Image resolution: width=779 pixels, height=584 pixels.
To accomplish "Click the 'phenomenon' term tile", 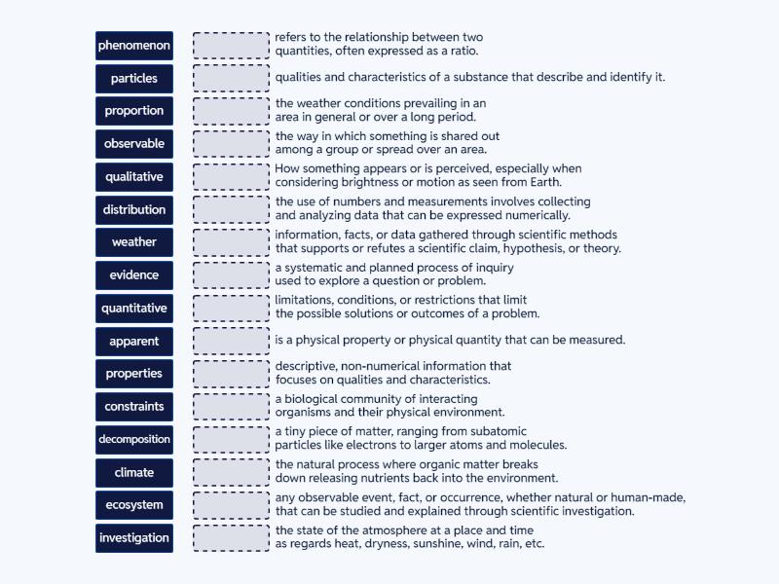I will (x=134, y=46).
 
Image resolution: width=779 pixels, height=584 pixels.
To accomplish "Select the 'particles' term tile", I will (x=134, y=79).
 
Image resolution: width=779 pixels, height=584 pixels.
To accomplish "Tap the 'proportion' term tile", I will (x=134, y=111).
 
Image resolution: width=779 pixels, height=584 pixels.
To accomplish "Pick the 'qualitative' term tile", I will (x=134, y=177).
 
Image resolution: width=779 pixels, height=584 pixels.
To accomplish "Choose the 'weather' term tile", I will (x=134, y=242).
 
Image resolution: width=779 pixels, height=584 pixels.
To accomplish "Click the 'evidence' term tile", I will (x=134, y=275).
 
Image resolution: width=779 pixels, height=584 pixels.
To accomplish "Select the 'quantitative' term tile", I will (x=134, y=309).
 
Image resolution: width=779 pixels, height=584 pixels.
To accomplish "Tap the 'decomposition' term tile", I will (x=134, y=439).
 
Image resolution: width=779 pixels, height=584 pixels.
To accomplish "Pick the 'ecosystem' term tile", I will (x=134, y=505).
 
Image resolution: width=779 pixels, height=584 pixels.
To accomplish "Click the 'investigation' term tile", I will (x=134, y=538).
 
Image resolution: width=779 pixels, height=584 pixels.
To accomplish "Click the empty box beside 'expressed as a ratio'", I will (x=231, y=46).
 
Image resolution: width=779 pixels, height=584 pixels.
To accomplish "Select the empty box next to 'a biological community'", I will (x=231, y=406).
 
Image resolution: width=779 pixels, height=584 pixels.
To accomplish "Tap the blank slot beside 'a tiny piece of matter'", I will (x=231, y=439).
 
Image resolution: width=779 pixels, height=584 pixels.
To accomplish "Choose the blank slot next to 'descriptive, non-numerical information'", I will (x=231, y=374).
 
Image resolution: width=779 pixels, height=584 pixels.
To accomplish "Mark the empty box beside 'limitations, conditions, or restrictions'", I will (x=231, y=309).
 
